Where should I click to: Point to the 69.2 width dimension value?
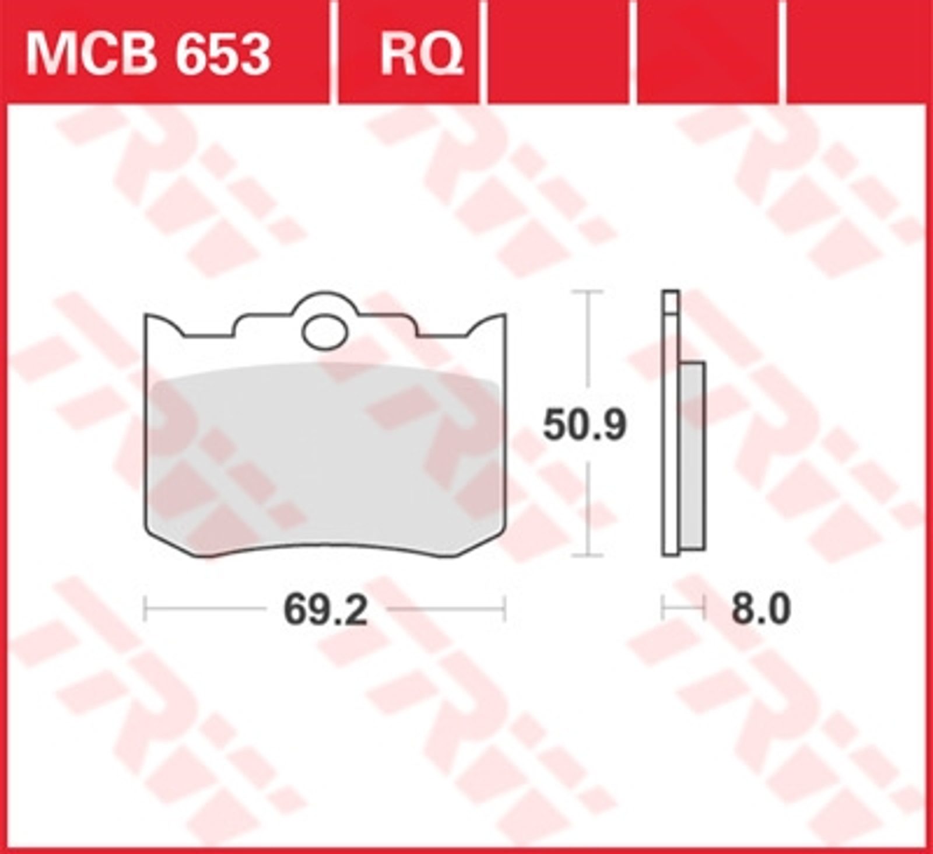[325, 610]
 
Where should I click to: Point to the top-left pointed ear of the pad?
[147, 316]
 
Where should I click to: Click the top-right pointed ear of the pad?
[503, 316]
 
